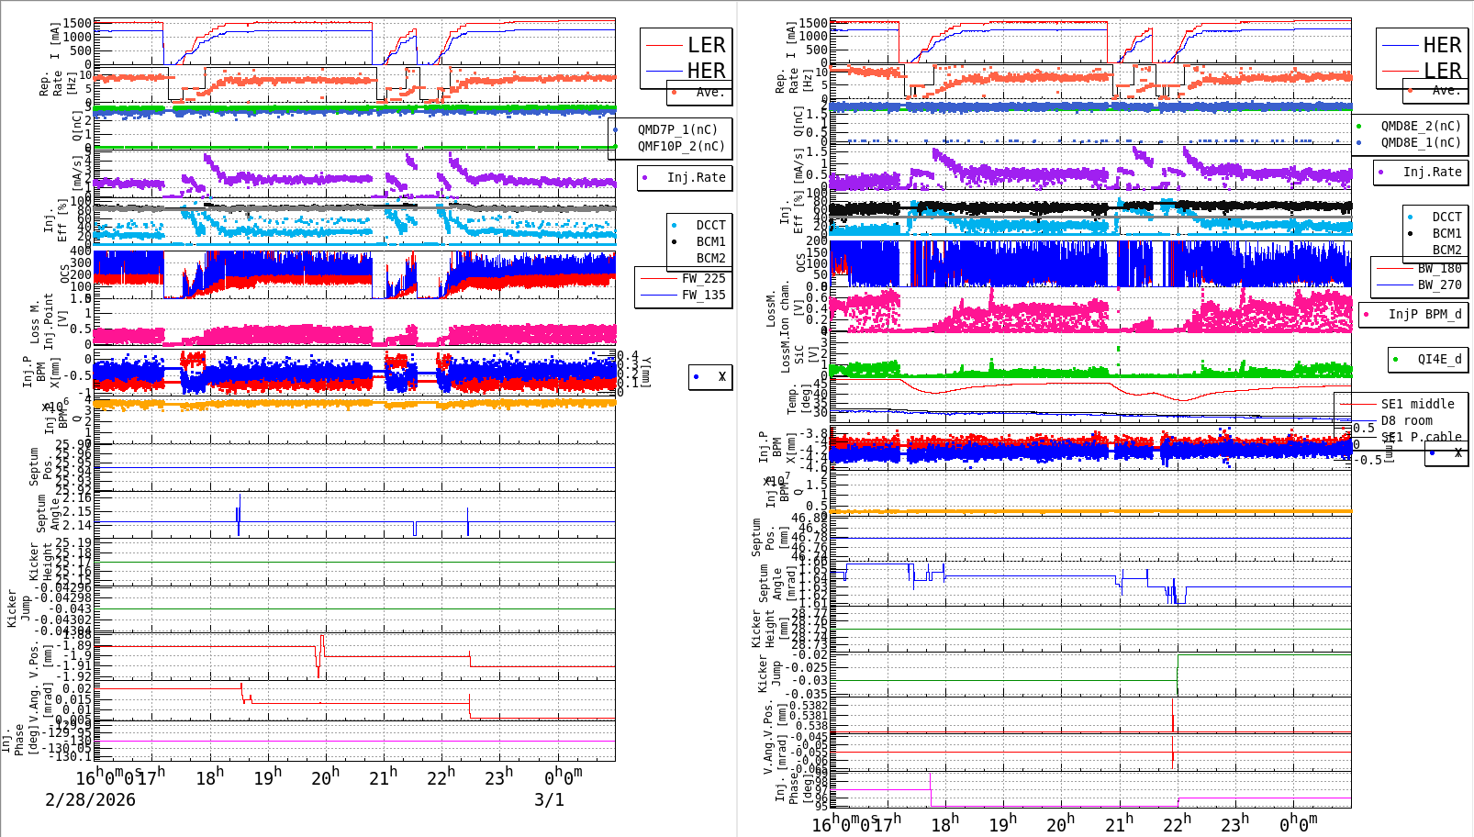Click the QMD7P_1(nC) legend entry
(x=678, y=129)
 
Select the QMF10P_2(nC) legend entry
(x=680, y=146)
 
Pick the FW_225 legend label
(x=703, y=278)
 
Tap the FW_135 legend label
(x=703, y=295)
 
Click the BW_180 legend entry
(x=1439, y=268)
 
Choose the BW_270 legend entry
(x=1439, y=285)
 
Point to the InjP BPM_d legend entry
(x=1424, y=314)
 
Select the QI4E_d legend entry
(x=1439, y=359)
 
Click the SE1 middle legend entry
(x=1417, y=404)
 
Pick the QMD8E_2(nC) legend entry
(x=1420, y=126)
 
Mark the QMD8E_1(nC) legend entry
(x=1420, y=142)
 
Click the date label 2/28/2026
(x=90, y=799)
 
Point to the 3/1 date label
(x=549, y=799)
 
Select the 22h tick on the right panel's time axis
(x=1176, y=823)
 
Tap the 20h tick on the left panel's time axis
(x=325, y=778)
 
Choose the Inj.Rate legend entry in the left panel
(x=696, y=177)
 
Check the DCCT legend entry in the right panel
(x=1446, y=217)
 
